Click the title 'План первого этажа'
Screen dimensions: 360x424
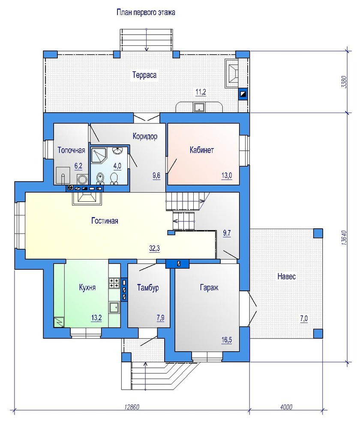(x=146, y=12)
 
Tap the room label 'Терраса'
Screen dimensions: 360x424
(x=144, y=75)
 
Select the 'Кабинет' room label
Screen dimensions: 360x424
(x=202, y=150)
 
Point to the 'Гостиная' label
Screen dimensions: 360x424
(x=105, y=221)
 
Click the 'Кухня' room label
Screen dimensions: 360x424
(x=87, y=287)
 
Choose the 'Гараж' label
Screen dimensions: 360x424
(x=209, y=287)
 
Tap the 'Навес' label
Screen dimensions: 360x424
(x=286, y=276)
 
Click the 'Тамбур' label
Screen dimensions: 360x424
(x=148, y=287)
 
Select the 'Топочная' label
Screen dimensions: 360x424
(x=72, y=150)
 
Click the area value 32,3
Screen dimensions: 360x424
(x=155, y=248)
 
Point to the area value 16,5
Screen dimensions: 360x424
(x=227, y=340)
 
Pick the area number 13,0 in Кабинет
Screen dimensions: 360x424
(x=227, y=176)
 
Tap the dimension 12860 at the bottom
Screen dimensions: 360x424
(x=132, y=407)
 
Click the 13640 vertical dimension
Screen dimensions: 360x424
(x=344, y=238)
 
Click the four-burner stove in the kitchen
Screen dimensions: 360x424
(x=114, y=283)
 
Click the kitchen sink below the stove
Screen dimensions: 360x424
(x=114, y=308)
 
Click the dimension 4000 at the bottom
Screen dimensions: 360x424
(x=286, y=407)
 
